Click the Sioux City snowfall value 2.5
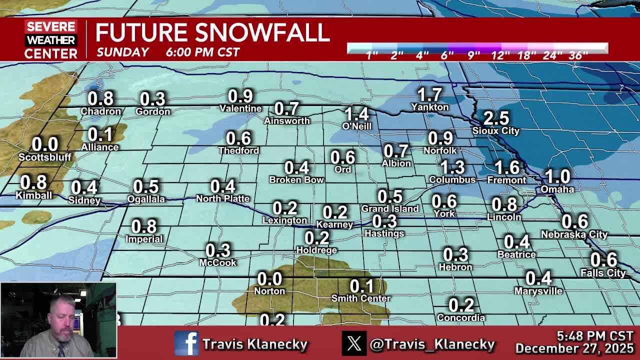(x=496, y=118)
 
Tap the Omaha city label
(x=557, y=189)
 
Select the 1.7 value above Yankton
(x=429, y=94)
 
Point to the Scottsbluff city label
(x=45, y=157)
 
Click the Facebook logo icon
(x=186, y=343)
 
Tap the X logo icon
(x=354, y=343)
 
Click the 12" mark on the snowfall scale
(x=500, y=55)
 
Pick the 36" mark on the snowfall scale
(x=578, y=55)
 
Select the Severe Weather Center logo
(x=51, y=39)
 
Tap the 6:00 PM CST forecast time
(x=202, y=52)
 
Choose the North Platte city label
(x=222, y=199)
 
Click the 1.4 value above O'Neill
(x=356, y=114)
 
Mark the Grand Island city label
(x=390, y=208)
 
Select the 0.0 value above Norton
(x=269, y=279)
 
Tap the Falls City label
(x=603, y=273)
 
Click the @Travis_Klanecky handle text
(x=432, y=344)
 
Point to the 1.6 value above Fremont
(x=506, y=168)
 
